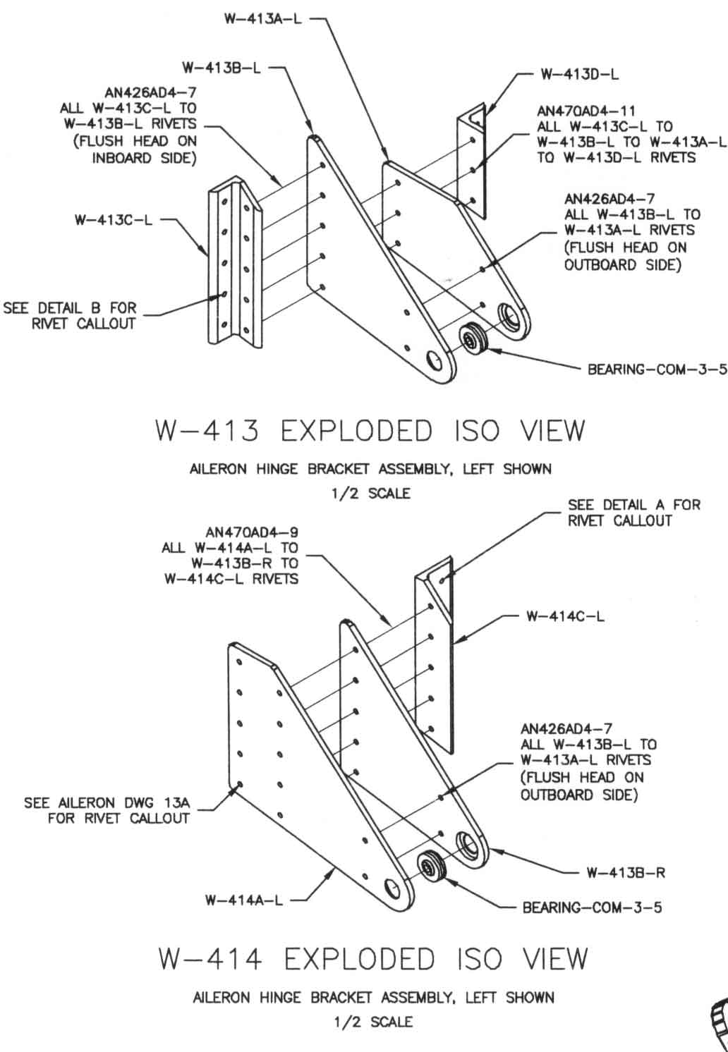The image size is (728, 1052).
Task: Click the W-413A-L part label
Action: [262, 19]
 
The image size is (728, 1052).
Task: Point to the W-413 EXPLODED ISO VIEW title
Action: [370, 431]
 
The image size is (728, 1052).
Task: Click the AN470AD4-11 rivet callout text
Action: [586, 111]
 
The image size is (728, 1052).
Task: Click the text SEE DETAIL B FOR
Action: [71, 308]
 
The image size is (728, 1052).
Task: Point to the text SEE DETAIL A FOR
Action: [634, 505]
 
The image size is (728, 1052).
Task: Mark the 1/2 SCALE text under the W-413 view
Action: [370, 494]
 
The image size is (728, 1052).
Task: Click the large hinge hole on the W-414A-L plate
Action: [396, 891]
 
